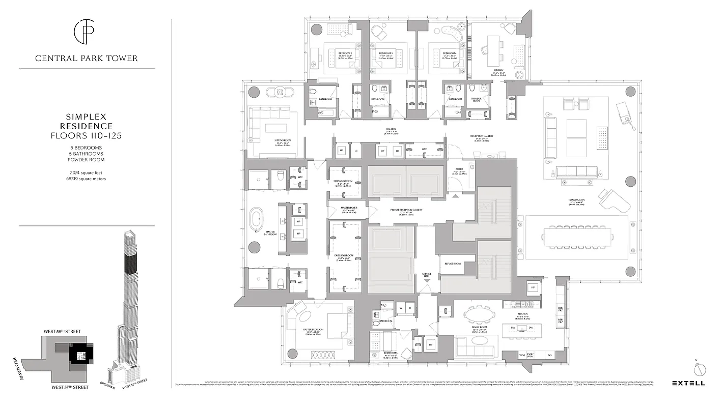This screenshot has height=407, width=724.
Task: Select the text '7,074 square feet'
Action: pyautogui.click(x=86, y=173)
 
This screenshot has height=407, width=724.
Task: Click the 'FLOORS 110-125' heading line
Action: pyautogui.click(x=86, y=135)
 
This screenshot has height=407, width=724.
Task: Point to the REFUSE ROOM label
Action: pyautogui.click(x=453, y=264)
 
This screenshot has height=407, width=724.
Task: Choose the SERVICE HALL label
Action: pyautogui.click(x=427, y=274)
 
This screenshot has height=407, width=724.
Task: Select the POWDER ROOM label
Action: pyautogui.click(x=476, y=99)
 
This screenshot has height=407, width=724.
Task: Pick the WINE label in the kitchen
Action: pyautogui.click(x=522, y=355)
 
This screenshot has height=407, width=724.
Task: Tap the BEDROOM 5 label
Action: pyautogui.click(x=391, y=352)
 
